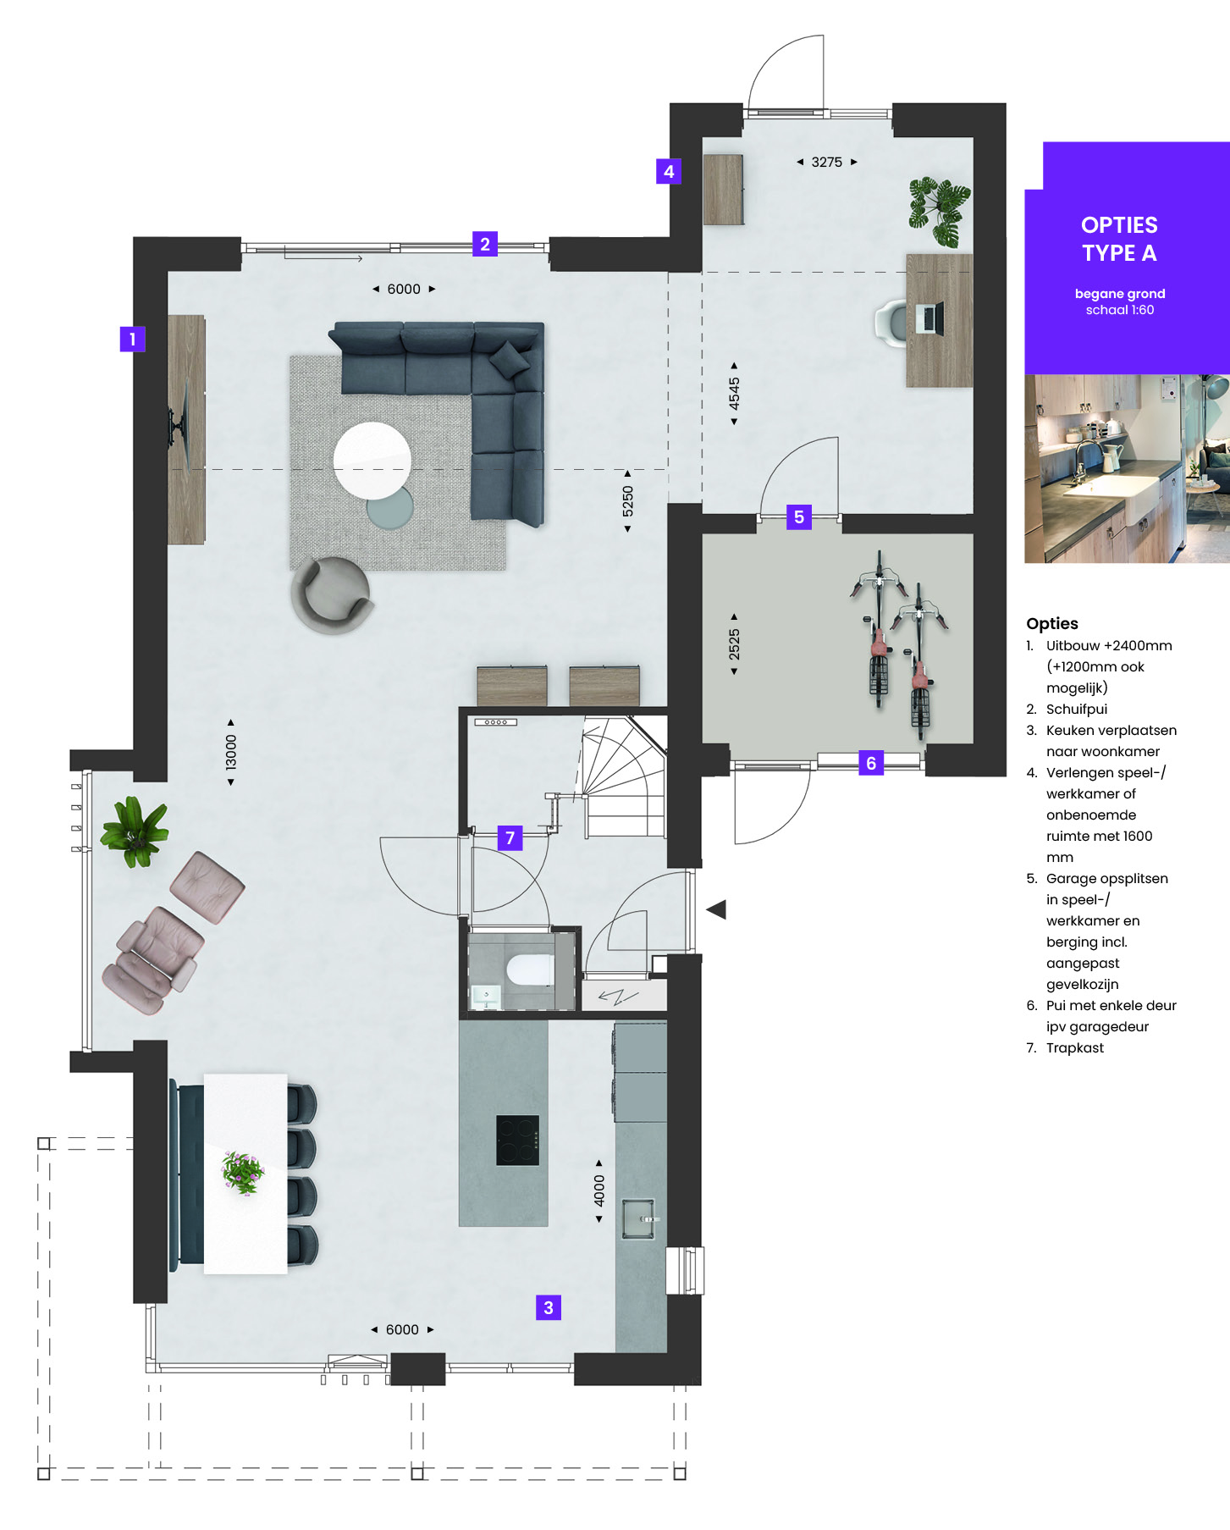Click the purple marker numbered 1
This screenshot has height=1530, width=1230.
tap(132, 340)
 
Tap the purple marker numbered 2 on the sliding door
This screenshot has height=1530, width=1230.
tap(485, 244)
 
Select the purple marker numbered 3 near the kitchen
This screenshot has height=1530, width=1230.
tap(549, 1307)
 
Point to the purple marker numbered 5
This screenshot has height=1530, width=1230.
tap(799, 517)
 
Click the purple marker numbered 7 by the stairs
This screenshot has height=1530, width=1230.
tap(510, 838)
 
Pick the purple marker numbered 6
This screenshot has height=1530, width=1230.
tap(871, 763)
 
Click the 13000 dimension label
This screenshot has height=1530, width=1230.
tap(231, 752)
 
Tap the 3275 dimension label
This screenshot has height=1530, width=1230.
tap(827, 162)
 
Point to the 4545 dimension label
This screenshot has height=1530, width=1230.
tap(734, 394)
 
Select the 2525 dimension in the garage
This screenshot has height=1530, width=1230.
tap(734, 644)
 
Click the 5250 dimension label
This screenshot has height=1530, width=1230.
tap(627, 501)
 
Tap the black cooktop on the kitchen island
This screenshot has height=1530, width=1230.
tap(517, 1141)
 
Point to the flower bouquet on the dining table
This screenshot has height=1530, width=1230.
tap(244, 1172)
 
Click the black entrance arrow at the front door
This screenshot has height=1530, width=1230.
tap(716, 909)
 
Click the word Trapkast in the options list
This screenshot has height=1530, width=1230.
tap(1075, 1047)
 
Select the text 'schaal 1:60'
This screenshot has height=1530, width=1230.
tap(1120, 310)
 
